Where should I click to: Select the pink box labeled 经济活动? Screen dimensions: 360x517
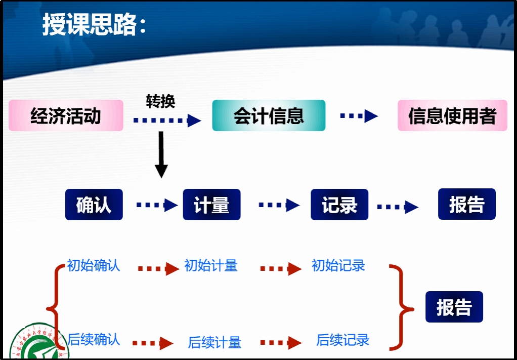coord(66,116)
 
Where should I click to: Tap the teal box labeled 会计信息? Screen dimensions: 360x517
coord(269,116)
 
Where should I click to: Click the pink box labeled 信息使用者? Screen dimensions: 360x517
coord(452,116)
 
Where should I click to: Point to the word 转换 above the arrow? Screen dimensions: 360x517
coord(160,101)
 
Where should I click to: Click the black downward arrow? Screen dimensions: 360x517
coord(161,154)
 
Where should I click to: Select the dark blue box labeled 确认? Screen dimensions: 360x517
coord(94,205)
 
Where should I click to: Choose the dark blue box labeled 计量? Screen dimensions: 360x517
coord(211,205)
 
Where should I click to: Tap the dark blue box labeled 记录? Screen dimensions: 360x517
coord(339,205)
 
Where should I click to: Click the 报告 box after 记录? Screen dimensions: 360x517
coord(466,205)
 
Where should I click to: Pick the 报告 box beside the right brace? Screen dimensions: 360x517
coord(454,307)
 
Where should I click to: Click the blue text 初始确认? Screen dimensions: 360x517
coord(94,265)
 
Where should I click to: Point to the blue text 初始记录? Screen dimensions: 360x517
coord(338,265)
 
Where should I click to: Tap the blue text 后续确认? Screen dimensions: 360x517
coord(94,339)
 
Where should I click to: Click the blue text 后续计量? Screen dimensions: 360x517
coord(214,342)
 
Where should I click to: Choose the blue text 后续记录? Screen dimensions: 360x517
coord(342,340)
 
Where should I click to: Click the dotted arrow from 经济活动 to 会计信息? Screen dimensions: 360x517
coord(167,121)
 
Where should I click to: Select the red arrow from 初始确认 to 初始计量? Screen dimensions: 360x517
coord(158,269)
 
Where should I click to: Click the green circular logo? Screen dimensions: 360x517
coord(35,344)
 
